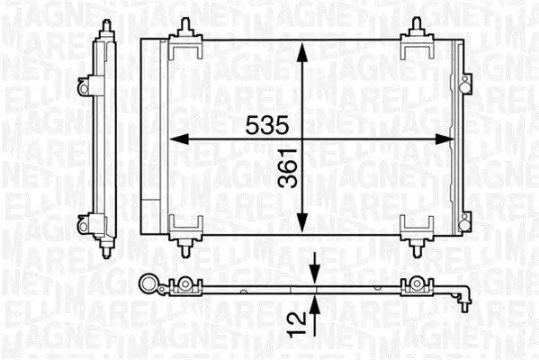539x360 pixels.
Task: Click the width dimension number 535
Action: point(267,125)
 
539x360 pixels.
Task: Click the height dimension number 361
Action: point(288,168)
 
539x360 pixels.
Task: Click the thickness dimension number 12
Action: point(297,324)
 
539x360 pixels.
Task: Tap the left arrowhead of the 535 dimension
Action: point(179,139)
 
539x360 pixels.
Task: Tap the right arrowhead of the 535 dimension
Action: point(445,139)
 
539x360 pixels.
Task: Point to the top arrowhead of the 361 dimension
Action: point(301,52)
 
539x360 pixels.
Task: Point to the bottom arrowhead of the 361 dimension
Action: point(301,222)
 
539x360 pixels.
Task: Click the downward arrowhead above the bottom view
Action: point(315,274)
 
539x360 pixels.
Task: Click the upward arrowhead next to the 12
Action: point(315,305)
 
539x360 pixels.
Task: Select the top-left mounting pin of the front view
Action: point(185,27)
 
